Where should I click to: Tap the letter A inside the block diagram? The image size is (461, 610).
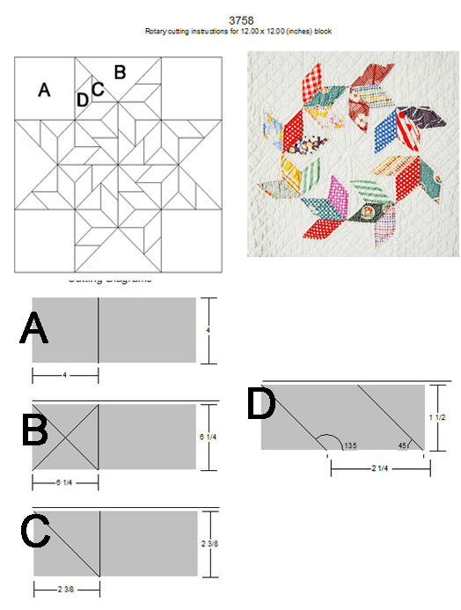coord(45,90)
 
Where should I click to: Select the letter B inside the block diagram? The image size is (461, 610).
coord(121,71)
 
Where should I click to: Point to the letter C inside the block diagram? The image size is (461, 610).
coord(98,88)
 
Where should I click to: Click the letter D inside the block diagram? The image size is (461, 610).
coord(83,99)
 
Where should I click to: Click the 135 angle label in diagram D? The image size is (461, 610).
coord(349,444)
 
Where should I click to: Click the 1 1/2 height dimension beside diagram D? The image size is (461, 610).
coord(444,415)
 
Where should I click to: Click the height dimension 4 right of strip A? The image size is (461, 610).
coord(207,330)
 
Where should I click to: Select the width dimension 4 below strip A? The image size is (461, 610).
coord(65,375)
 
